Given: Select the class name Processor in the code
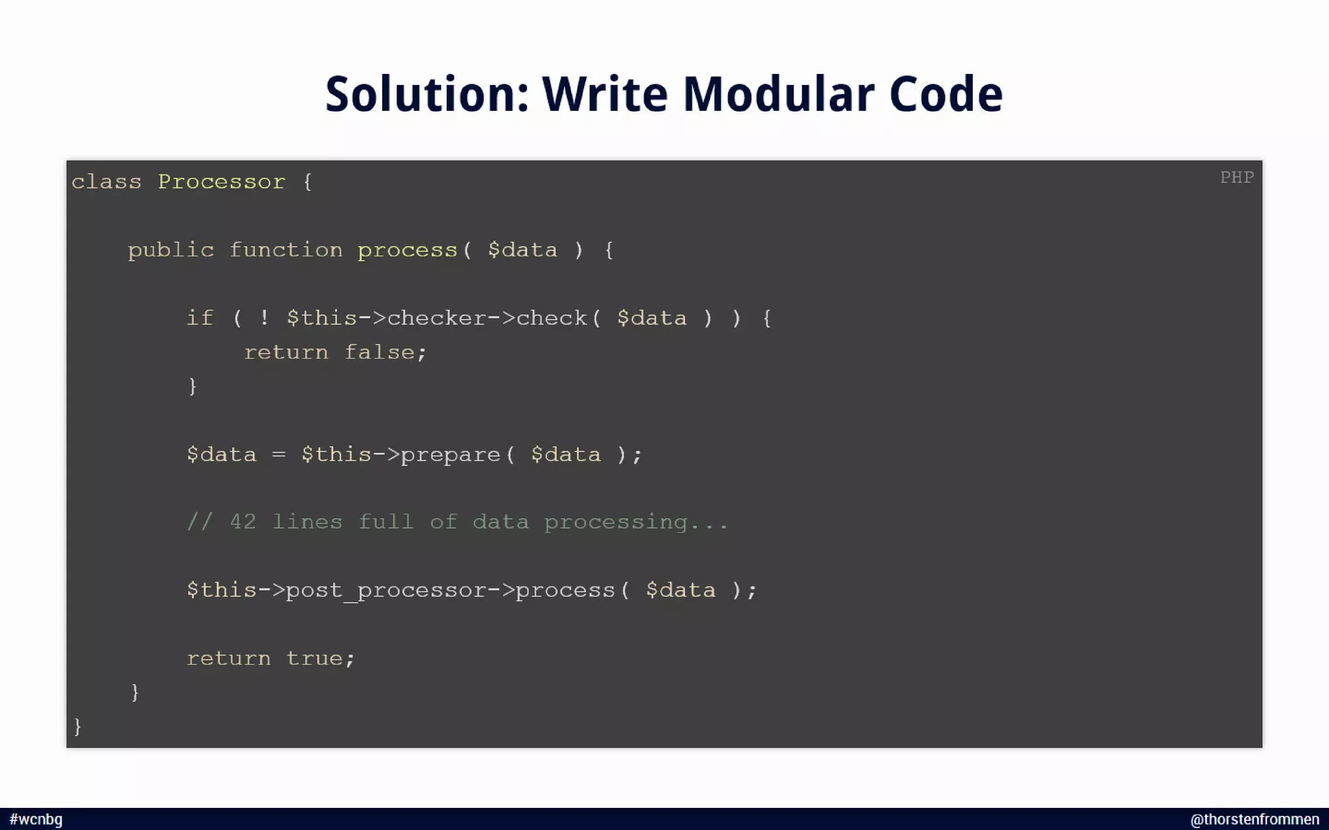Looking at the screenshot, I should point(221,182).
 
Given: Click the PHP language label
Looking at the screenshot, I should point(1236,178).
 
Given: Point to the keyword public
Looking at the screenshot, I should point(171,250).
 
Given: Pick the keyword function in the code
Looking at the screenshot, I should point(286,250).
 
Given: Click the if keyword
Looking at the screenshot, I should point(200,318).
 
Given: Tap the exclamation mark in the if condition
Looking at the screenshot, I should point(264,318).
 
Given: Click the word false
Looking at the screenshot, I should point(379,353).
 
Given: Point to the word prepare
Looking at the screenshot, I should point(450,455).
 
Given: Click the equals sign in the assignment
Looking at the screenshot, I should point(278,455).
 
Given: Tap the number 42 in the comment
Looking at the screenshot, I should point(243,522).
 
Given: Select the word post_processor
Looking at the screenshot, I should point(385,591).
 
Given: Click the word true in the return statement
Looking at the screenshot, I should point(313,659).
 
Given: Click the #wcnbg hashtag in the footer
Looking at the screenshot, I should point(36,820).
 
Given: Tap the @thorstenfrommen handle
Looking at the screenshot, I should point(1254,820).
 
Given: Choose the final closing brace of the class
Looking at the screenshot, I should point(78,726).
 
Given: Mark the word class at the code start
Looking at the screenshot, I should point(106,182).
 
